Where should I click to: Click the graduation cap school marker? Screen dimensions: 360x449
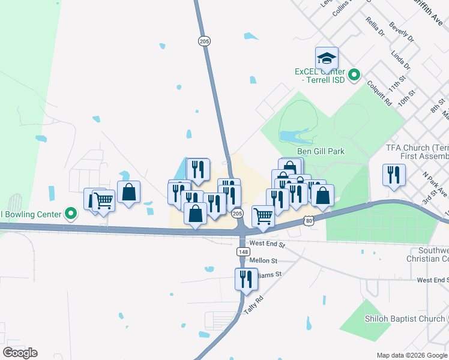click(327, 59)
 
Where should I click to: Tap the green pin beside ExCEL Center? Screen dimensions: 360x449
click(355, 76)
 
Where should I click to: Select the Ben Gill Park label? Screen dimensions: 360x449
click(321, 151)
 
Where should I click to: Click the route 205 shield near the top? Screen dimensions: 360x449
click(204, 40)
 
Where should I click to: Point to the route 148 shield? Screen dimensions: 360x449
click(243, 253)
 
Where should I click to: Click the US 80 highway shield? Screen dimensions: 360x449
click(309, 221)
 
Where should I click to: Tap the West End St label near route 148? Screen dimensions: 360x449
click(267, 244)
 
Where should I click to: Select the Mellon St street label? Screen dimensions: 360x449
click(264, 261)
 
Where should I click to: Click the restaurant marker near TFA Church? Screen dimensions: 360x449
click(393, 175)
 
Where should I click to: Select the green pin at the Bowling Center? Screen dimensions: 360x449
click(71, 214)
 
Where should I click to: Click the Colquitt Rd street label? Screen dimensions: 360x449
click(379, 94)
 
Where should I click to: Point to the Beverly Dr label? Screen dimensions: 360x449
click(402, 32)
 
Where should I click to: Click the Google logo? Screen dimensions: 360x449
click(20, 353)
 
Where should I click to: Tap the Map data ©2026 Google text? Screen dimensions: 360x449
click(411, 355)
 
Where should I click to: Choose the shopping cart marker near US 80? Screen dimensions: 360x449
click(263, 217)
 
